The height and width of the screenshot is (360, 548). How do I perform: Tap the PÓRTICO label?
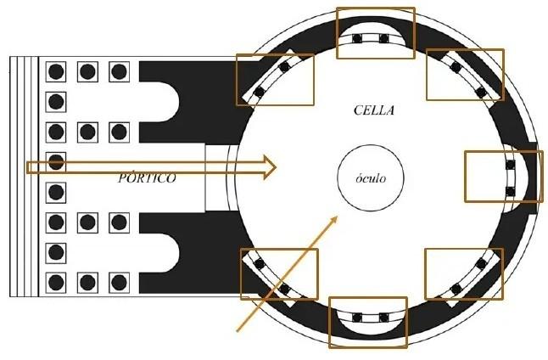[147, 178]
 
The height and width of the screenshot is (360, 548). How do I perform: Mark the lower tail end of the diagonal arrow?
[238, 330]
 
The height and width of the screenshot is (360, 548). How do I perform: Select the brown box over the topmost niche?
[376, 33]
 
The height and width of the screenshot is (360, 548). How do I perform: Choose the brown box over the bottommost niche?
[367, 322]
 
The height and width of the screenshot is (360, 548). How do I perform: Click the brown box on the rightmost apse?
[503, 177]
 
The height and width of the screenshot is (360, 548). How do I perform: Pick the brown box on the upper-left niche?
[274, 80]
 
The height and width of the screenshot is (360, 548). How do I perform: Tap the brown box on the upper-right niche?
[464, 75]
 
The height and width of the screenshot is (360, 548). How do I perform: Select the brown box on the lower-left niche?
[279, 273]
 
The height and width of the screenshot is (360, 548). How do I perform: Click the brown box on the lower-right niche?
[463, 274]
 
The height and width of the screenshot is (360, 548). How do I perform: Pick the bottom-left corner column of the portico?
[56, 282]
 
